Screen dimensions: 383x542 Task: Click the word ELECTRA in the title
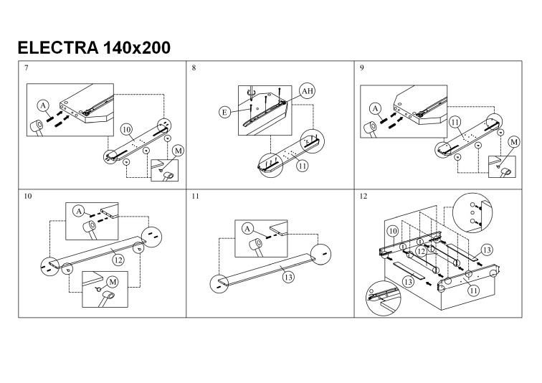pos(58,48)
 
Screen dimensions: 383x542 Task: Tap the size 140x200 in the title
pos(137,48)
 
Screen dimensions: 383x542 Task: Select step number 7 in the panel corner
pos(27,67)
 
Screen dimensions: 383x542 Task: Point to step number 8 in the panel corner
pos(194,67)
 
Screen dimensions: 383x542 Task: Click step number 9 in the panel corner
pos(363,67)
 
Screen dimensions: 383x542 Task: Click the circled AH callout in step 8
pos(307,91)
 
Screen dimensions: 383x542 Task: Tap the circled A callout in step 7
pos(44,105)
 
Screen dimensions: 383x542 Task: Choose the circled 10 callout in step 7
pos(127,130)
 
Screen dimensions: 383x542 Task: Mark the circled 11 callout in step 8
pos(302,164)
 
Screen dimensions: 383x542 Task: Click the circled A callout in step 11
pos(247,228)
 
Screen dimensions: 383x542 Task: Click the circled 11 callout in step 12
pos(474,290)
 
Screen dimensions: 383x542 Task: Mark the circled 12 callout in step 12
pos(422,252)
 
